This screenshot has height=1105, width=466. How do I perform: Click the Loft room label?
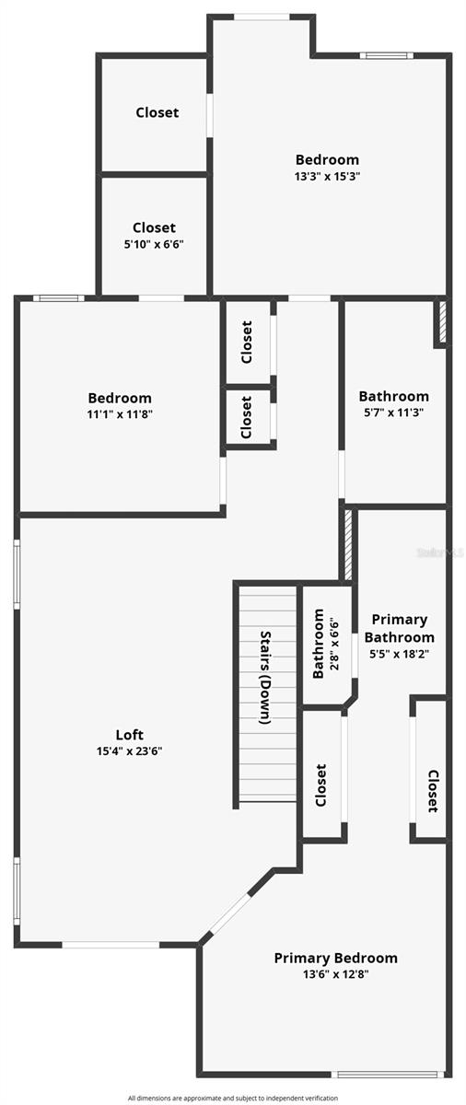129,735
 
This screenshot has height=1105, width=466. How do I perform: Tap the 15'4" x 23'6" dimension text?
129,750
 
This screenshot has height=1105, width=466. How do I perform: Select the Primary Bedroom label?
335,958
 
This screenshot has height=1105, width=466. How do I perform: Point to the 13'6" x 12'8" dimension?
335,973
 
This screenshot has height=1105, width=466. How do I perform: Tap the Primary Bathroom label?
399,628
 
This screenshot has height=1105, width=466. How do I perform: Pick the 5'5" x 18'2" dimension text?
399,654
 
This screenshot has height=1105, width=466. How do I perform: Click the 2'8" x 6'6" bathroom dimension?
333,645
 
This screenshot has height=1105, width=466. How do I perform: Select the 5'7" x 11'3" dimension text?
393,413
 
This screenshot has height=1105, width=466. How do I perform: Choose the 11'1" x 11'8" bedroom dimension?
120,414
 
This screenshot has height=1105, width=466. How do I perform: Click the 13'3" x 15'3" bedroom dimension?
327,176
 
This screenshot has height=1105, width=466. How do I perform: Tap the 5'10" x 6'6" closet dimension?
154,244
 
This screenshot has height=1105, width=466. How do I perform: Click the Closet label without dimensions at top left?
157,112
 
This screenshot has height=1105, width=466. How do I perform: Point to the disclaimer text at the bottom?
232,1098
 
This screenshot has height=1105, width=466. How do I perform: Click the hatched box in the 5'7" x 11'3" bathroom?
442,323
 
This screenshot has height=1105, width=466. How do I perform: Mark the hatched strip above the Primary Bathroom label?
348,544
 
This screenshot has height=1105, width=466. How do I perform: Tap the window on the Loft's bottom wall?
111,944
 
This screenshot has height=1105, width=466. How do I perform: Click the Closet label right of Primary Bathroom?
432,791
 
